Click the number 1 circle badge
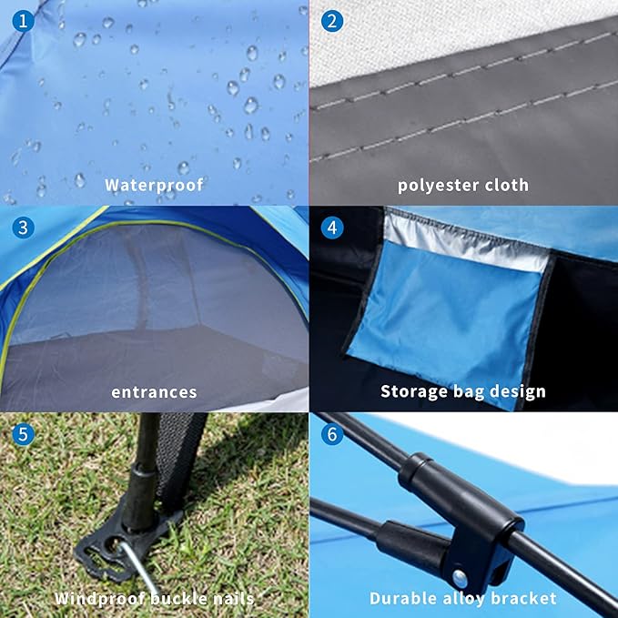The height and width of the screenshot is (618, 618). (24, 21)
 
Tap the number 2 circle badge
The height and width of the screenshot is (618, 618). (332, 21)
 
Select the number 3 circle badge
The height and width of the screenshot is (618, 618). (24, 228)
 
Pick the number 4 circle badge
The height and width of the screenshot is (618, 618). (332, 228)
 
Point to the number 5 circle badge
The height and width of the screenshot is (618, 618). (24, 434)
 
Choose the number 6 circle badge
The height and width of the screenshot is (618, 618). (332, 434)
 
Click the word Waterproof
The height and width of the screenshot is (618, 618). (154, 185)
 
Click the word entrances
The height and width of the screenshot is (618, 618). (154, 392)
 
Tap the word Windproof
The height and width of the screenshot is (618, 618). (100, 599)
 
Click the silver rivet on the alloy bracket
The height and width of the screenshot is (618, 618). (460, 579)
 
